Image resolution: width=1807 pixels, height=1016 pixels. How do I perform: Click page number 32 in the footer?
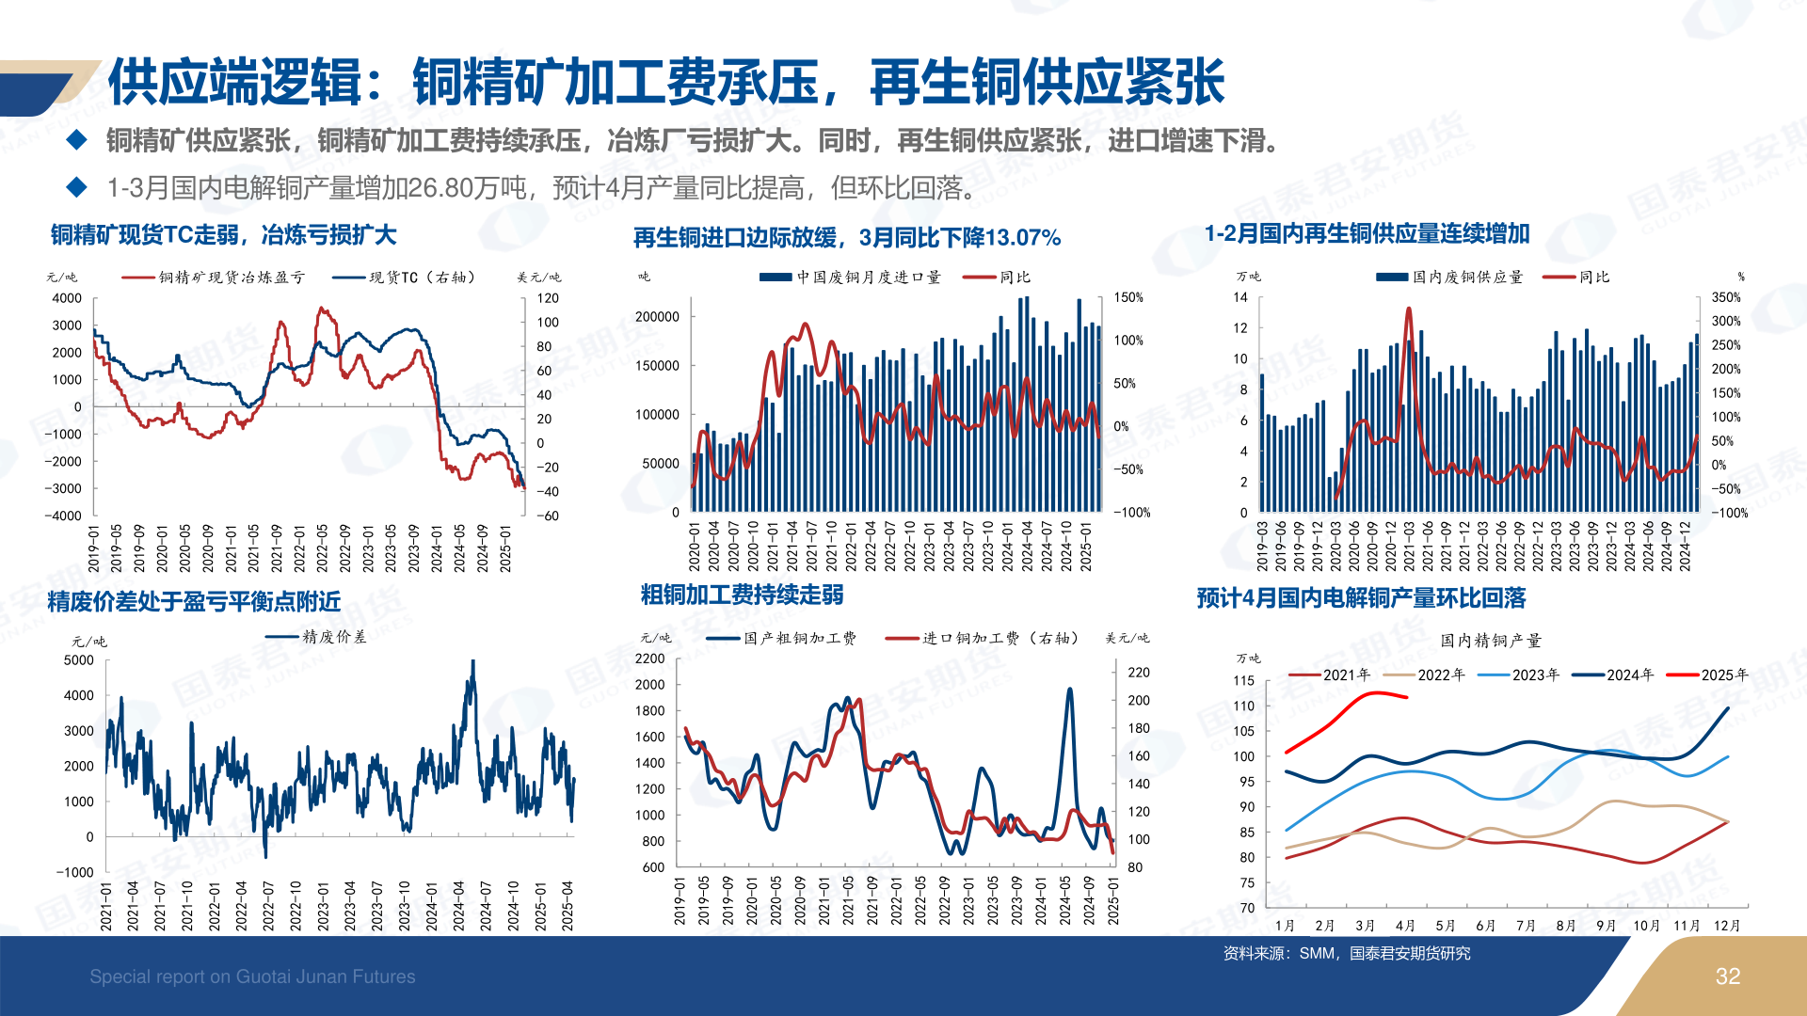coord(1727,976)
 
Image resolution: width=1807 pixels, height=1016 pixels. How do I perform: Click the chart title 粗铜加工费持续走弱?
coord(742,595)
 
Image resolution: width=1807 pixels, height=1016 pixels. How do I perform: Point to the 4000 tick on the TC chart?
coord(67,298)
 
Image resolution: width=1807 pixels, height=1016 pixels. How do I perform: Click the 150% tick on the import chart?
coord(1128,297)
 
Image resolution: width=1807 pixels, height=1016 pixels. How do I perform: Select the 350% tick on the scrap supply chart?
coord(1726,297)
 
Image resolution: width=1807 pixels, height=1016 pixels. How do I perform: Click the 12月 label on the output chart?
coord(1727,926)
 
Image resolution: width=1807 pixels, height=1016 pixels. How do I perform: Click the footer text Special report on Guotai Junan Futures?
coord(252,976)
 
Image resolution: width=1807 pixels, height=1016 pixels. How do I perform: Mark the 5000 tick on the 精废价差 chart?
coord(79,660)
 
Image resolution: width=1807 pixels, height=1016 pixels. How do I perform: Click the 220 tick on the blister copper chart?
coord(1139,673)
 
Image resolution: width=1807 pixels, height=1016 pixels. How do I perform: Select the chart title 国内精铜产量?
coord(1491,641)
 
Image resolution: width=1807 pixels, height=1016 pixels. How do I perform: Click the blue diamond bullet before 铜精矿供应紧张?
coord(77,140)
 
